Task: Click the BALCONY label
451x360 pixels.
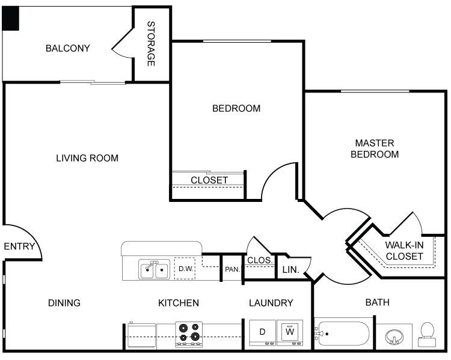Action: tap(67, 48)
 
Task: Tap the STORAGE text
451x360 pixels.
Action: tap(151, 44)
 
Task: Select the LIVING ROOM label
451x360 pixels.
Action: tap(87, 159)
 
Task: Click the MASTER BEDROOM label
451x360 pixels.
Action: tap(375, 148)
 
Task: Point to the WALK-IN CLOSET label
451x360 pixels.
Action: tap(404, 251)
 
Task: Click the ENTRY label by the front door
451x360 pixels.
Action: tap(19, 246)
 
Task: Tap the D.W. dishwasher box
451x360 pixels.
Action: tap(185, 269)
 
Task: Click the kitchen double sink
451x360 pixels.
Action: tap(154, 270)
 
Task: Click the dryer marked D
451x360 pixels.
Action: tap(262, 332)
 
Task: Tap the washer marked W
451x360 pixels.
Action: tap(290, 332)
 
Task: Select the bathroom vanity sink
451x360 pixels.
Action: tap(394, 337)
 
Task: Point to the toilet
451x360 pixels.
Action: tap(428, 334)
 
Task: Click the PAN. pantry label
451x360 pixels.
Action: tap(232, 270)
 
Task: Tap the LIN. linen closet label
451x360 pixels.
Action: tap(291, 270)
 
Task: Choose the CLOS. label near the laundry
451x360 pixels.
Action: tap(260, 260)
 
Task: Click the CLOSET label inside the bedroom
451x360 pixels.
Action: tap(209, 180)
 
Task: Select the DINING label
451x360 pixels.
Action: tap(64, 303)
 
